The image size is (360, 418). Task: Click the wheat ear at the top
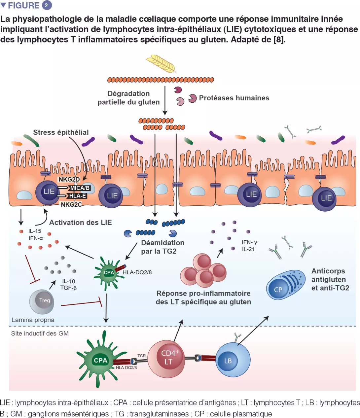pos(161,63)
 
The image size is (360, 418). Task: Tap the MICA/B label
pos(80,188)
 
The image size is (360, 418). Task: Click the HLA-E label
pos(78,196)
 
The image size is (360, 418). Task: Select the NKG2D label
pos(69,179)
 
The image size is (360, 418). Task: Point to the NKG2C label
pos(71,204)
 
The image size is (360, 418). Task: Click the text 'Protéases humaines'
pos(234,98)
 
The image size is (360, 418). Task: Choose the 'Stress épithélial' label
pos(61,132)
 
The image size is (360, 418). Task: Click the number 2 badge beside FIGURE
pos(47,5)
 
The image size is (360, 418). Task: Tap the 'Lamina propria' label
pos(33,320)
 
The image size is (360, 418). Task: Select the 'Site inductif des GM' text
pos(40,333)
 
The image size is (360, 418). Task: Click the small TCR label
pos(142,356)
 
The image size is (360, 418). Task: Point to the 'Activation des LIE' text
pos(81,223)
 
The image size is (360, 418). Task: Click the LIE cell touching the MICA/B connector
pos(48,192)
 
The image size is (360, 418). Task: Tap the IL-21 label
pos(248,249)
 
